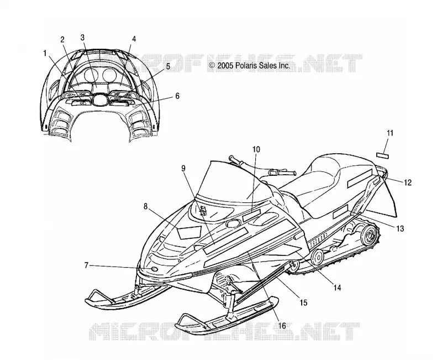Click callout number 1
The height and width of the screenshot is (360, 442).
pos(45,53)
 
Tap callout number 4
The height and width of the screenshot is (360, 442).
pos(134,39)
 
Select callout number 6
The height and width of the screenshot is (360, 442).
pos(177,96)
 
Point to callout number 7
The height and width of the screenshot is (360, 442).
pos(87,265)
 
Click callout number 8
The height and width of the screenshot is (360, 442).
pos(145,206)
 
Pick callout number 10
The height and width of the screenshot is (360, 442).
pos(256,149)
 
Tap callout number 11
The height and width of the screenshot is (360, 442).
pos(390,133)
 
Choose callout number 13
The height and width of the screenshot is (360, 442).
pos(400,228)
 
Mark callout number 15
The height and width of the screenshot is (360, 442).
pos(303,302)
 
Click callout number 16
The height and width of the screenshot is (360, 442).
pos(282,326)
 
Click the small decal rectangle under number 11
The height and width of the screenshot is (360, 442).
pos(382,155)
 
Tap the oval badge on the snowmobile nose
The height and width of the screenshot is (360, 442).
pos(155,269)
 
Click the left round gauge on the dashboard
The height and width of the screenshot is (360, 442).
pos(91,75)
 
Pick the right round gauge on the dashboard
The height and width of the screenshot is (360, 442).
pos(109,75)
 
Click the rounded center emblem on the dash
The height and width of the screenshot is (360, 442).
pos(99,100)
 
